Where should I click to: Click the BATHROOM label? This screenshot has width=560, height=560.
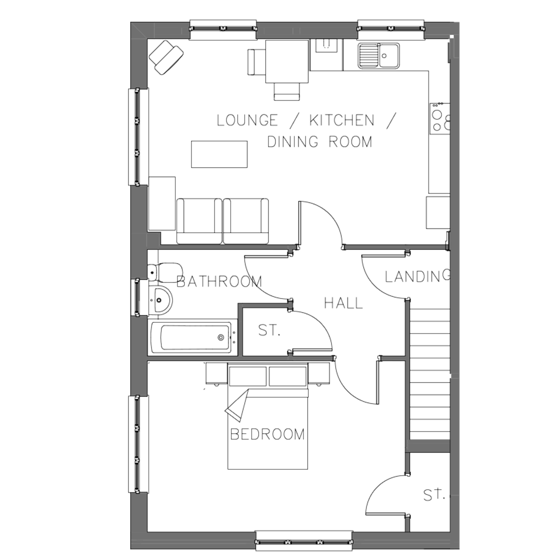219,281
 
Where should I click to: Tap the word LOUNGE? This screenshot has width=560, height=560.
247,120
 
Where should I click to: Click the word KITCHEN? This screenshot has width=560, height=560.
342,120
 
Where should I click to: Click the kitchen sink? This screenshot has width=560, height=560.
379,56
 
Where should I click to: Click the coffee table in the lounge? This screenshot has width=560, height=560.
219,154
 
